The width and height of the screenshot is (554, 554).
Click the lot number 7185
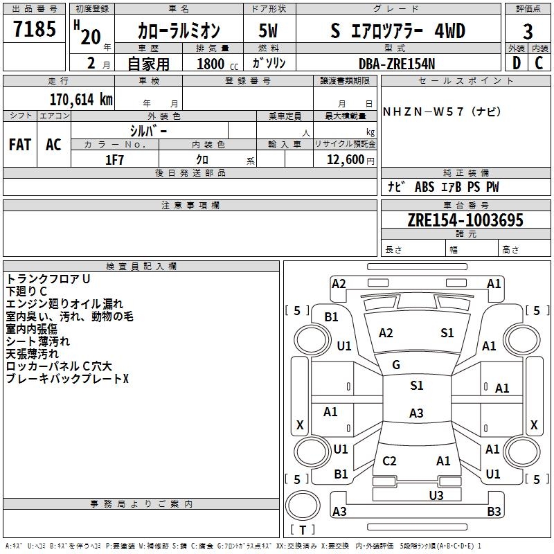coord(35,29)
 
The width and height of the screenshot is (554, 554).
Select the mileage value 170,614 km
coord(81,100)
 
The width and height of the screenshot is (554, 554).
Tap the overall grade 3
coord(528,31)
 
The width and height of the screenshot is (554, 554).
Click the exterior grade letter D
coord(517,63)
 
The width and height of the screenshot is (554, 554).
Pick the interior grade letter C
coord(539,63)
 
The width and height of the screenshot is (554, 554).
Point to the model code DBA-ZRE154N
coord(397,64)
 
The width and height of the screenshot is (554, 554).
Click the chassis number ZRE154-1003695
coord(465,220)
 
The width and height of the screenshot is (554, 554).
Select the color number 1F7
coord(114,160)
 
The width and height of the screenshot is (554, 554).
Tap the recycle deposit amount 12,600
coord(345,160)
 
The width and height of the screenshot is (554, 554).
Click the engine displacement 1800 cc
coord(217,64)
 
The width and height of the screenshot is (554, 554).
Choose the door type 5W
coord(268,30)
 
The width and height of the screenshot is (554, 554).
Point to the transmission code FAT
coord(20,145)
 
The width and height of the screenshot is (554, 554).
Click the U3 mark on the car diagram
coord(436,495)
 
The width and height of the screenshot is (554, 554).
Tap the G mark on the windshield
coord(396,365)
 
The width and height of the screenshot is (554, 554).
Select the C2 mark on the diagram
coord(389,461)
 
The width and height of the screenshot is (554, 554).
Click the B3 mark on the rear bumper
coord(494,511)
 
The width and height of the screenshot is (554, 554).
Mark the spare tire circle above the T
coord(303,506)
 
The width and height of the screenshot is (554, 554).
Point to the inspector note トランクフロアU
coord(48,279)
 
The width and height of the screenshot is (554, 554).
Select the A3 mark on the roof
coord(416,413)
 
